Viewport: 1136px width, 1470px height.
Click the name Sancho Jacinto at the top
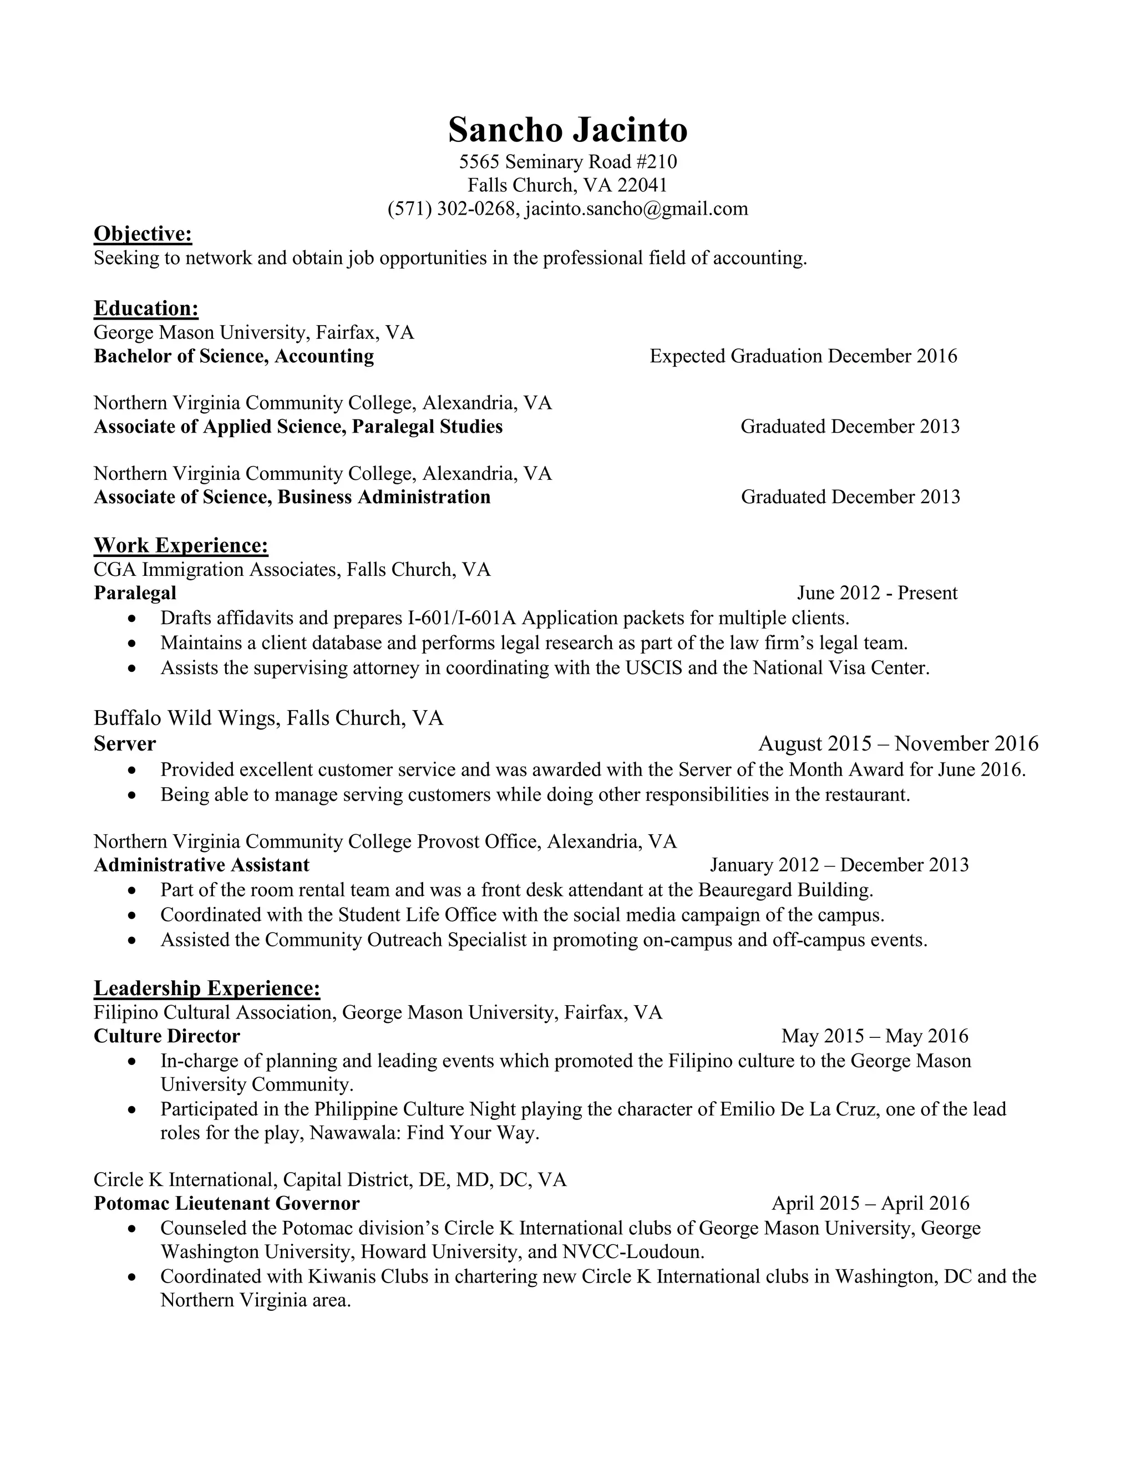(567, 129)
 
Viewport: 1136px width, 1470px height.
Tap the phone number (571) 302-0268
(452, 209)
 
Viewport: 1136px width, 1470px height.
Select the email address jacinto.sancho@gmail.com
(636, 209)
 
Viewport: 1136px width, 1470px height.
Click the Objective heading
(143, 234)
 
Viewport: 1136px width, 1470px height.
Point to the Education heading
(146, 308)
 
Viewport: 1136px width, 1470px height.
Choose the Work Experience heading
(181, 545)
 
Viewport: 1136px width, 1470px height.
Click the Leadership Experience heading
(206, 988)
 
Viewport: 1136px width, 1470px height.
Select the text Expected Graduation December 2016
(803, 356)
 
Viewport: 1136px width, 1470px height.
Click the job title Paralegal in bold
(135, 593)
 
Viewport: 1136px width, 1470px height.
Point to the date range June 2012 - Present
(877, 593)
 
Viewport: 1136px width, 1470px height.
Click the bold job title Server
(124, 744)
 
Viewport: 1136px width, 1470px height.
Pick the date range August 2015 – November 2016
(898, 744)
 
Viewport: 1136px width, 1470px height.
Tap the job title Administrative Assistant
(201, 865)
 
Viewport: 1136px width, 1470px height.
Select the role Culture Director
(167, 1036)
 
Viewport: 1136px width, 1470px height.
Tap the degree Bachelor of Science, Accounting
(234, 356)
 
